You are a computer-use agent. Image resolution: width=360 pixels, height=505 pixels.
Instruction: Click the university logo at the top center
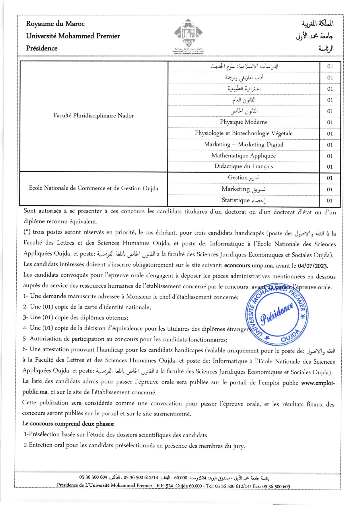188,34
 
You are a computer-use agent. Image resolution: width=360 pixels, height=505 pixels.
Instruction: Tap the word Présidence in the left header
42,48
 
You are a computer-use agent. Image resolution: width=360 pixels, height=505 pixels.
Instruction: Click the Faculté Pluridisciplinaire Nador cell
94,116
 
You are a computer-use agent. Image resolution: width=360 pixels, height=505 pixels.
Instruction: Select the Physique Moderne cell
244,122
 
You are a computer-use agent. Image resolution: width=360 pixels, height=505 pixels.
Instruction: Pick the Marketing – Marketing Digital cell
244,145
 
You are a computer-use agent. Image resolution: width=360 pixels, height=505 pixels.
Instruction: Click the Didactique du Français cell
244,167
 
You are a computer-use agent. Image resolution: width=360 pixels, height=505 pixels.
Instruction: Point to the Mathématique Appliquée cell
244,156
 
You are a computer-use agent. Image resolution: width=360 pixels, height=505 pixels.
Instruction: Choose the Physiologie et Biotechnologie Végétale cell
244,133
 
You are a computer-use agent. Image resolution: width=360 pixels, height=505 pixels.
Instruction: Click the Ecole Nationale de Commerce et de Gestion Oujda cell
94,188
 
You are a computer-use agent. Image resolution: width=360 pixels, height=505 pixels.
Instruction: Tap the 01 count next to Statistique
330,201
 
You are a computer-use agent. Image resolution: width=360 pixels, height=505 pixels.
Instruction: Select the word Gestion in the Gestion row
238,178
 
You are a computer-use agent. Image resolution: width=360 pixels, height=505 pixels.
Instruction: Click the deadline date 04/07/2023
313,266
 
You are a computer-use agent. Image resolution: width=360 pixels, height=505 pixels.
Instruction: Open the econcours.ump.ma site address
248,266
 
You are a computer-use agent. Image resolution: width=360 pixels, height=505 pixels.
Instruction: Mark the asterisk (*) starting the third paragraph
27,232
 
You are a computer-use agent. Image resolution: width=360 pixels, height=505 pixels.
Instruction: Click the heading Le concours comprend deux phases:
68,424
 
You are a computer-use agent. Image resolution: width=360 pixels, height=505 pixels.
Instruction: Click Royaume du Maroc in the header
55,24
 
